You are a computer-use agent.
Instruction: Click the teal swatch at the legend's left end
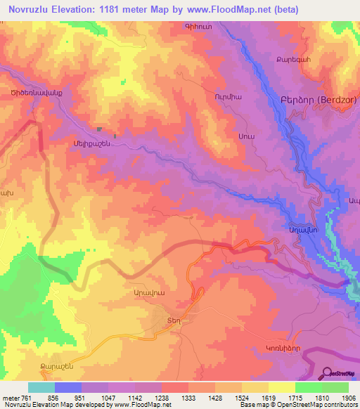click(x=41, y=387)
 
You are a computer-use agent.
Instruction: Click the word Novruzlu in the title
click(x=32, y=10)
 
